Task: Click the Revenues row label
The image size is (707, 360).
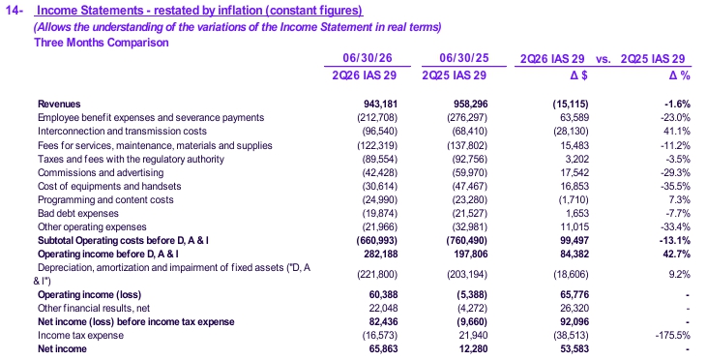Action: pos(59,105)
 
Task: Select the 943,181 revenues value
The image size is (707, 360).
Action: pos(380,105)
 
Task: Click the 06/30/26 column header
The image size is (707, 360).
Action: pos(367,58)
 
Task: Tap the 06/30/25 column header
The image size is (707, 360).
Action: pos(464,58)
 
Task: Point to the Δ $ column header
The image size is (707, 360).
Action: pos(579,75)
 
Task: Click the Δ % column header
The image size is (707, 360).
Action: pos(680,75)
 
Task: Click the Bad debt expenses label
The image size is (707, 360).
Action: pos(78,213)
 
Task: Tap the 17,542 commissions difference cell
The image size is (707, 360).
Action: pos(574,173)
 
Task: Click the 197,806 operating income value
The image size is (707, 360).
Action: pos(470,254)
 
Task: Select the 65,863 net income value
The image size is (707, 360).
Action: pos(383,348)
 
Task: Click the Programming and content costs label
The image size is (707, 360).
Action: pos(105,200)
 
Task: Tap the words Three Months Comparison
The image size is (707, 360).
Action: pos(102,43)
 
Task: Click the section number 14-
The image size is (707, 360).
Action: pos(15,11)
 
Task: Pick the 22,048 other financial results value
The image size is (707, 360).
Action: pos(383,308)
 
